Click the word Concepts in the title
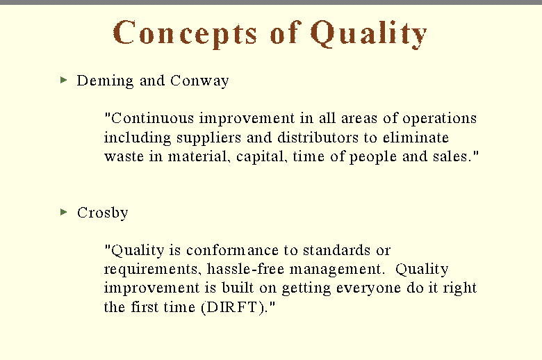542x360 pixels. [x=185, y=33]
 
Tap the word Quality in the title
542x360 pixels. [x=368, y=33]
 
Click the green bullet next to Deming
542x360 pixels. [x=64, y=80]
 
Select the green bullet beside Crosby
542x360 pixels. [x=64, y=212]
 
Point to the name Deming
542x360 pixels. [x=105, y=81]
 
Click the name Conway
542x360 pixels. [x=199, y=81]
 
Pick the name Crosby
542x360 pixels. [x=103, y=213]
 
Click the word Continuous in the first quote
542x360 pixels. [x=152, y=118]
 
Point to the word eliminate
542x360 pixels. [x=416, y=138]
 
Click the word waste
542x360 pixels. [x=124, y=157]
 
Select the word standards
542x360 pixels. [x=337, y=250]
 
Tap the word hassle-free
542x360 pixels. [x=245, y=269]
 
